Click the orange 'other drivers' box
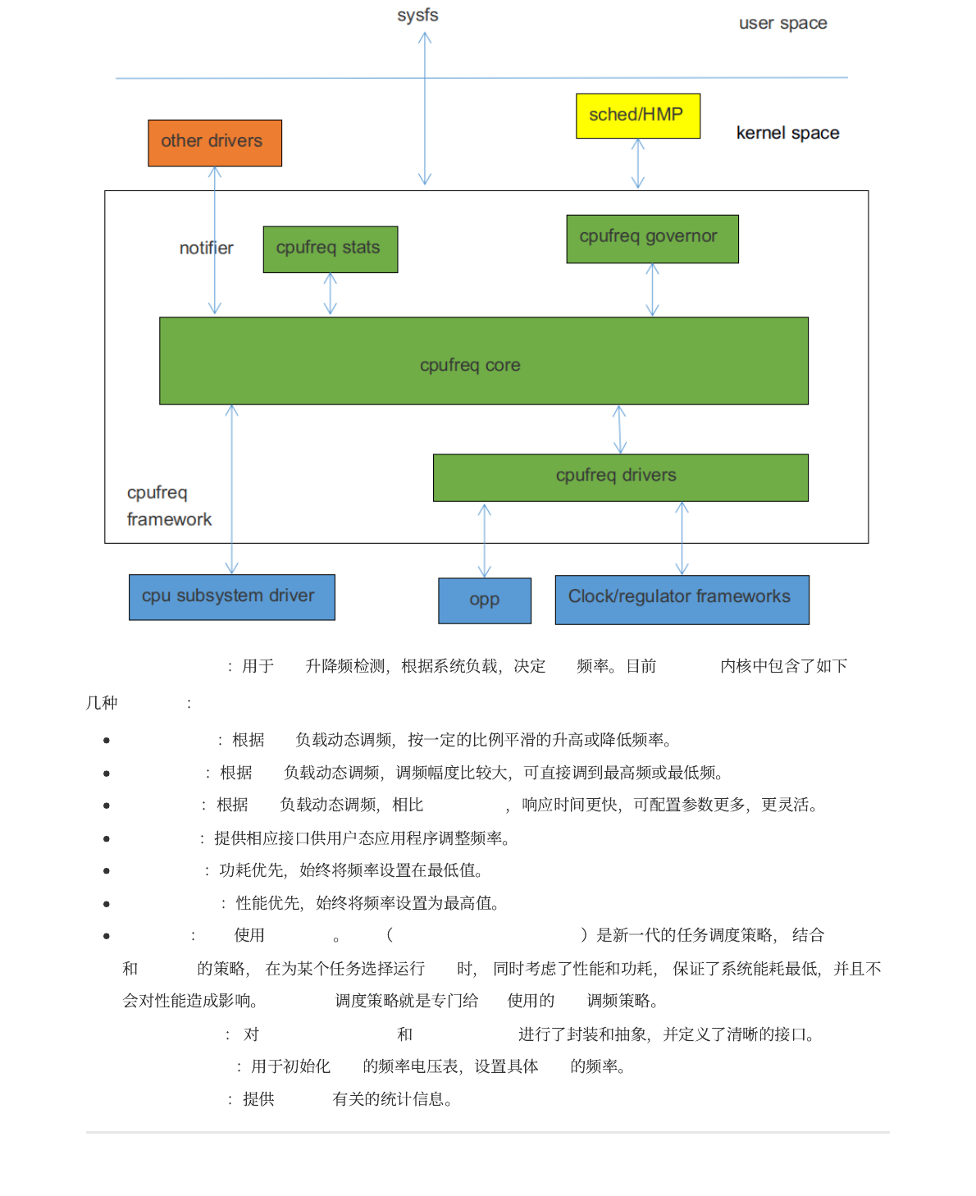click(215, 143)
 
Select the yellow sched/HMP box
click(638, 116)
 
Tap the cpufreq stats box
click(330, 249)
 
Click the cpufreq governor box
click(652, 239)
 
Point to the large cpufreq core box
click(483, 361)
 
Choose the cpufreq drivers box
click(620, 477)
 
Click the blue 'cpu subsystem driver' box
click(231, 597)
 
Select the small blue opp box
click(485, 600)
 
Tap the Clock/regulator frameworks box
click(682, 600)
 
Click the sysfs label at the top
click(417, 16)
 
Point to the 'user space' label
click(782, 24)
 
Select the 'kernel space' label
click(787, 133)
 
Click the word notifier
click(206, 248)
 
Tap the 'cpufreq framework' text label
click(168, 506)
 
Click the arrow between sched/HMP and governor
click(638, 163)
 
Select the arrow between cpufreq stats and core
click(330, 294)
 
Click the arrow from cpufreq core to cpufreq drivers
click(619, 429)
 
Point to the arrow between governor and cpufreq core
click(652, 290)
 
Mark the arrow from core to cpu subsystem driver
click(232, 489)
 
